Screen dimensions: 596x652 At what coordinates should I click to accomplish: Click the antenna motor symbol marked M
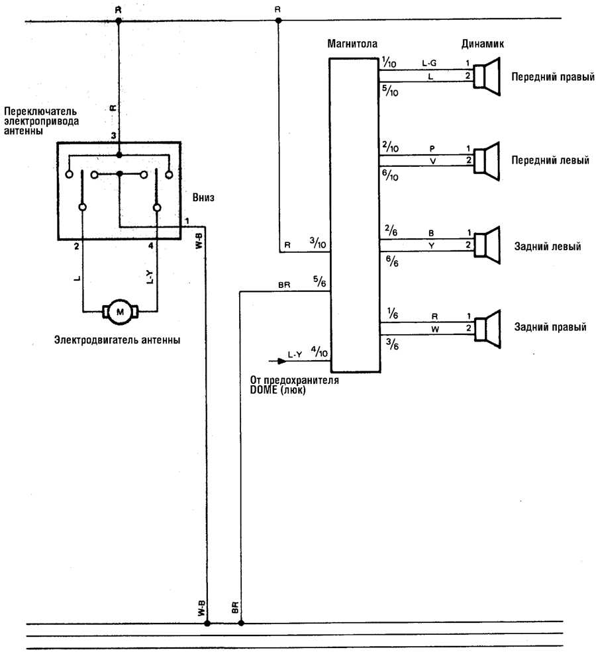click(x=121, y=312)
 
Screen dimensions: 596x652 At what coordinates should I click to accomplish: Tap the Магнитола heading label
click(x=352, y=44)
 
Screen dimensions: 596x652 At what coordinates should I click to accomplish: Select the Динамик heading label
click(x=483, y=44)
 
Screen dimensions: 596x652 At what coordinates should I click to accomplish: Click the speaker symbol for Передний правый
click(x=487, y=77)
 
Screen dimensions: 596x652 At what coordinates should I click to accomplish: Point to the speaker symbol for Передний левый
click(x=487, y=161)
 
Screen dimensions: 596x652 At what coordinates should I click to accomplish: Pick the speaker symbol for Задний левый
click(x=487, y=246)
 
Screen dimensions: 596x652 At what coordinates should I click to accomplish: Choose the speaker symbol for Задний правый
click(x=487, y=328)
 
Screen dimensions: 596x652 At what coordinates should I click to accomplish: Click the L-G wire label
click(x=429, y=63)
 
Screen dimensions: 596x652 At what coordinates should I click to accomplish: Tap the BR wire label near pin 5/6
click(x=284, y=285)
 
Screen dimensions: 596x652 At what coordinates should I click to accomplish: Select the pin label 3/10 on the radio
click(x=318, y=242)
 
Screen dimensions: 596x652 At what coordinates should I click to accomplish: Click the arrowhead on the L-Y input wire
click(x=282, y=361)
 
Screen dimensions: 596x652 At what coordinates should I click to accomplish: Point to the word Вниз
click(x=203, y=197)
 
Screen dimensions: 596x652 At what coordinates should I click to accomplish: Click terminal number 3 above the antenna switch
click(x=113, y=136)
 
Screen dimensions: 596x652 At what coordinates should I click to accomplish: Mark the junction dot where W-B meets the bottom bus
click(x=207, y=624)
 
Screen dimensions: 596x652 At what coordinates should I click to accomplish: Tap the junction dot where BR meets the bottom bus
click(x=241, y=624)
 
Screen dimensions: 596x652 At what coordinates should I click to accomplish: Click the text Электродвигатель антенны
click(x=117, y=340)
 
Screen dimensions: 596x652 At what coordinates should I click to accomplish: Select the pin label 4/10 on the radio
click(x=319, y=351)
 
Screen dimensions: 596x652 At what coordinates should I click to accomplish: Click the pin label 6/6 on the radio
click(x=392, y=261)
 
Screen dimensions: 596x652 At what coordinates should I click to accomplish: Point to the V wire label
click(x=432, y=161)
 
